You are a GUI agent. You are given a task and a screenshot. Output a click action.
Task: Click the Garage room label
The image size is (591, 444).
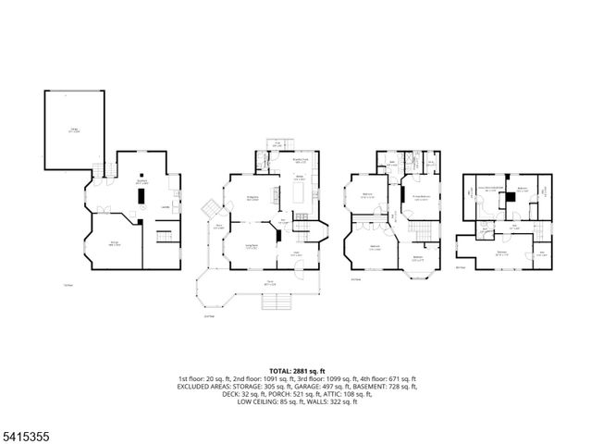(x=73, y=130)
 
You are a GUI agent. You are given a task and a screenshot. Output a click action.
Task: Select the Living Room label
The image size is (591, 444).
(x=251, y=245)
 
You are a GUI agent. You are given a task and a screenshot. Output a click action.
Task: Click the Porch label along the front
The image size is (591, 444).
(x=271, y=283)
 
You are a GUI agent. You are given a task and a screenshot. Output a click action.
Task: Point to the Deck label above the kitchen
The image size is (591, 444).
(x=277, y=143)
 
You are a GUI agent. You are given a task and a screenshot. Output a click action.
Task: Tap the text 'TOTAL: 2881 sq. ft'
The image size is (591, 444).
(x=295, y=370)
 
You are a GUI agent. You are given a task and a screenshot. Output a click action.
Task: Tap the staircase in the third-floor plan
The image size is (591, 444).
(x=421, y=228)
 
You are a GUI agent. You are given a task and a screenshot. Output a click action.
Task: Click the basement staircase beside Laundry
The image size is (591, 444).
(x=167, y=237)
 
